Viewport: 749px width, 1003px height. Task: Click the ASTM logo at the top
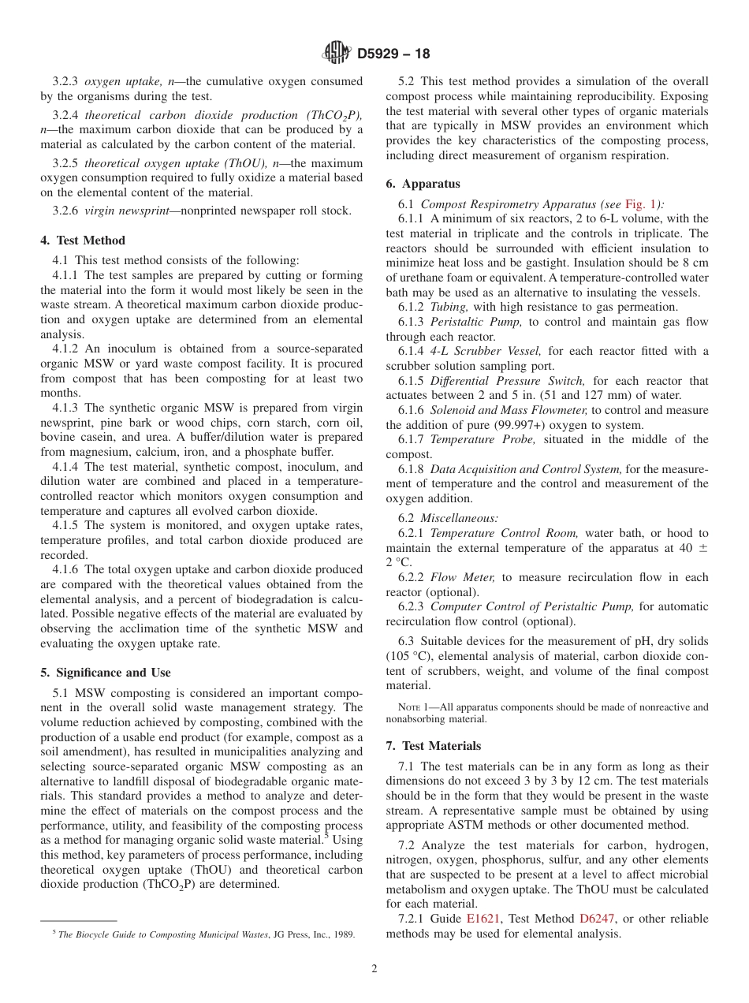tap(337, 54)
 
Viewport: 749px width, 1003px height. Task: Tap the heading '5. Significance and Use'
tap(106, 673)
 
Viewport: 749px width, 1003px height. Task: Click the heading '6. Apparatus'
tap(423, 184)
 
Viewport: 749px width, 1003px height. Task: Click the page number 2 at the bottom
tap(374, 969)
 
